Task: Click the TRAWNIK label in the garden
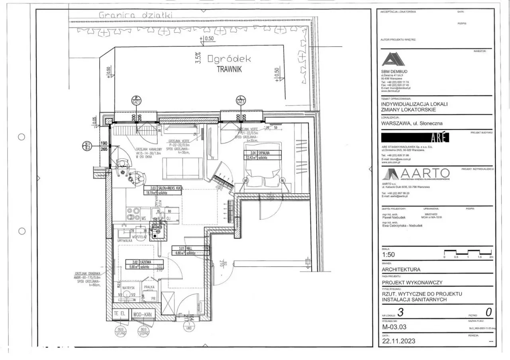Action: pos(229,68)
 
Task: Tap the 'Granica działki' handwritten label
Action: pos(136,15)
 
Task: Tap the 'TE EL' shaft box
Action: pos(120,314)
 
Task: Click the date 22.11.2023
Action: pos(399,341)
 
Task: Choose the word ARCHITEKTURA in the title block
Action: pos(401,269)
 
